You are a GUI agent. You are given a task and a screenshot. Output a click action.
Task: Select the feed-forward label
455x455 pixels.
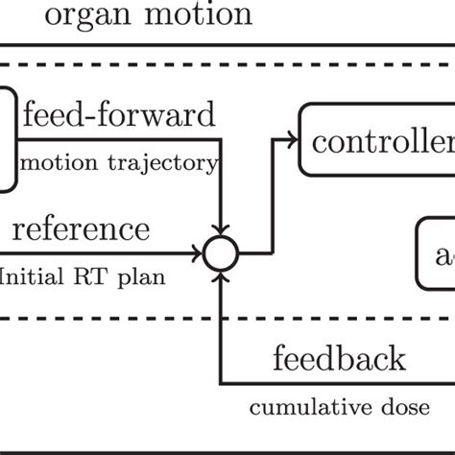coord(120,118)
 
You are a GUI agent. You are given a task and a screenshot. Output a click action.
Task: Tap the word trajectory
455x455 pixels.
coord(171,163)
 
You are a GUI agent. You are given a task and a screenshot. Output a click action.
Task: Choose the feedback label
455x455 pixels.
coord(339,360)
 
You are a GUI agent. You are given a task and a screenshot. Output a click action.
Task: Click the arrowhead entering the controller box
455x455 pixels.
coord(291,141)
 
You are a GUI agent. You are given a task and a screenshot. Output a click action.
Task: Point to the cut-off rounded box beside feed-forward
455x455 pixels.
coord(8,137)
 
